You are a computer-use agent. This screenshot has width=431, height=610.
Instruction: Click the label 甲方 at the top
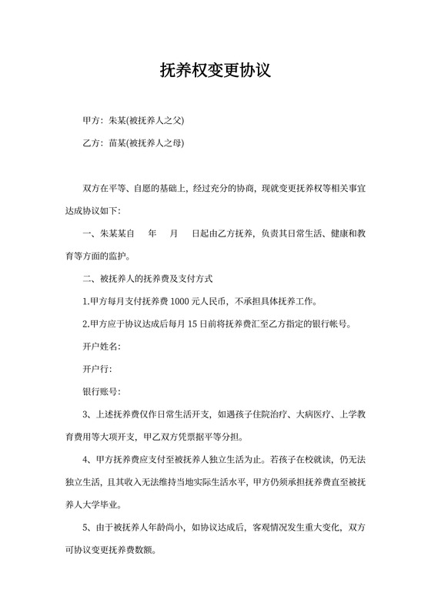pos(91,121)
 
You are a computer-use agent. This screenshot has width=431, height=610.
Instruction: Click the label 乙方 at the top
pos(91,142)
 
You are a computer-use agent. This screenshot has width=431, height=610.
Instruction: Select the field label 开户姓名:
pos(102,346)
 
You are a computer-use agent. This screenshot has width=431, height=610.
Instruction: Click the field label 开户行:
pos(97,369)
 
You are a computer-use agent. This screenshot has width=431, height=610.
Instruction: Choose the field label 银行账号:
pos(102,391)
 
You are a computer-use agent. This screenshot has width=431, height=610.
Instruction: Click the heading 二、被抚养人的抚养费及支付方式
pos(146,278)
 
